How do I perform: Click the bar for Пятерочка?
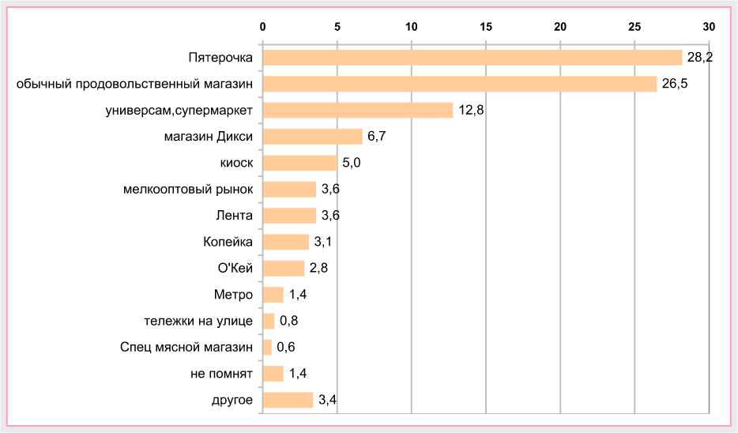(x=472, y=58)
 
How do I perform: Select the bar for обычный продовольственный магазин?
(x=459, y=84)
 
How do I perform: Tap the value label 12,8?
(x=471, y=110)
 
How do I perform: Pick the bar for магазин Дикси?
(x=312, y=137)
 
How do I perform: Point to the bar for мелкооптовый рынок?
(x=289, y=189)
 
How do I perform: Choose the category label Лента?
(x=235, y=215)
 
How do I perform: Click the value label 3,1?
(x=323, y=242)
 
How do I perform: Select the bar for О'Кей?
(x=283, y=268)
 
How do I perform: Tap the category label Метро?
(x=233, y=295)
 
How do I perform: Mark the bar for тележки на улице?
(x=269, y=321)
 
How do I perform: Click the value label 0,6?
(x=286, y=347)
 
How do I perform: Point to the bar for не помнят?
(x=273, y=374)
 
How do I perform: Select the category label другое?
(x=233, y=400)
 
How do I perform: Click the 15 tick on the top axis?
(x=486, y=27)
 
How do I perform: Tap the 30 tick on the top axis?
(x=709, y=27)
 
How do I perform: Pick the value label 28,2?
(x=699, y=58)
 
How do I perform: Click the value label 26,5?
(x=675, y=84)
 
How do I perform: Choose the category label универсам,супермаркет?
(x=179, y=110)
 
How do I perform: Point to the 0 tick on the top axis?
(x=263, y=27)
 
